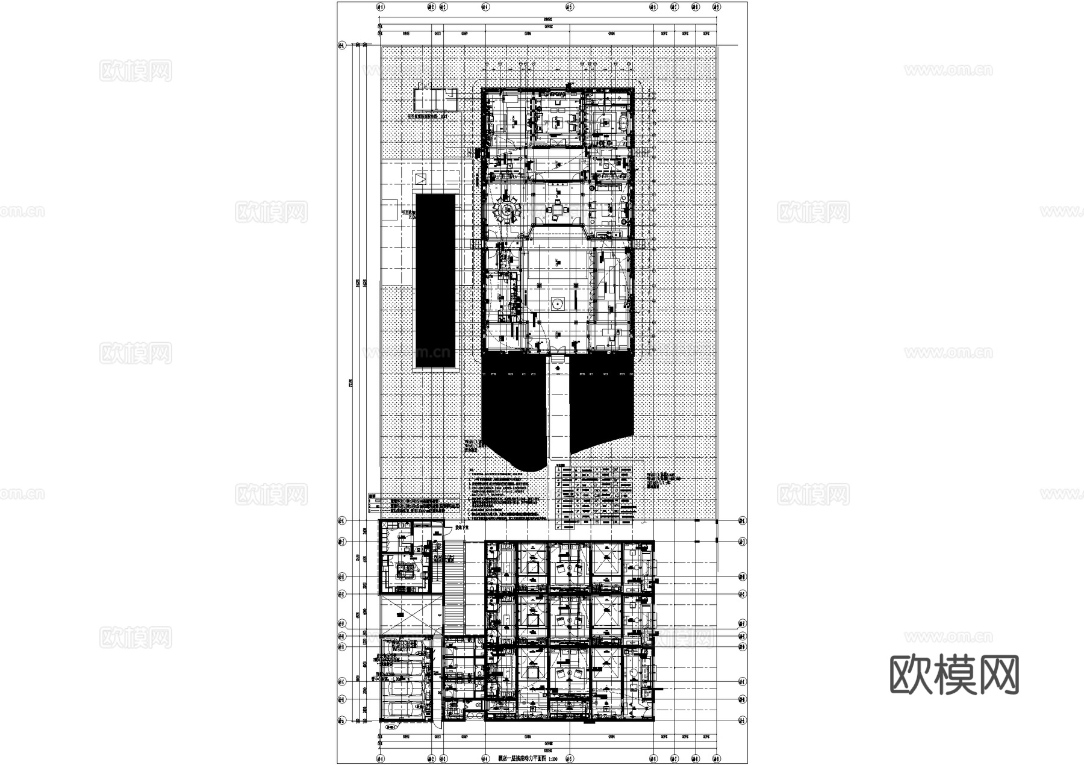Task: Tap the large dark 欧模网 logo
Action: tap(954, 675)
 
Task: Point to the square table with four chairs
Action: tap(558, 210)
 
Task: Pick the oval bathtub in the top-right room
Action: tap(623, 123)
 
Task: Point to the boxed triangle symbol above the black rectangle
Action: tap(420, 178)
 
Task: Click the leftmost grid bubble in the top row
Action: tap(379, 8)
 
